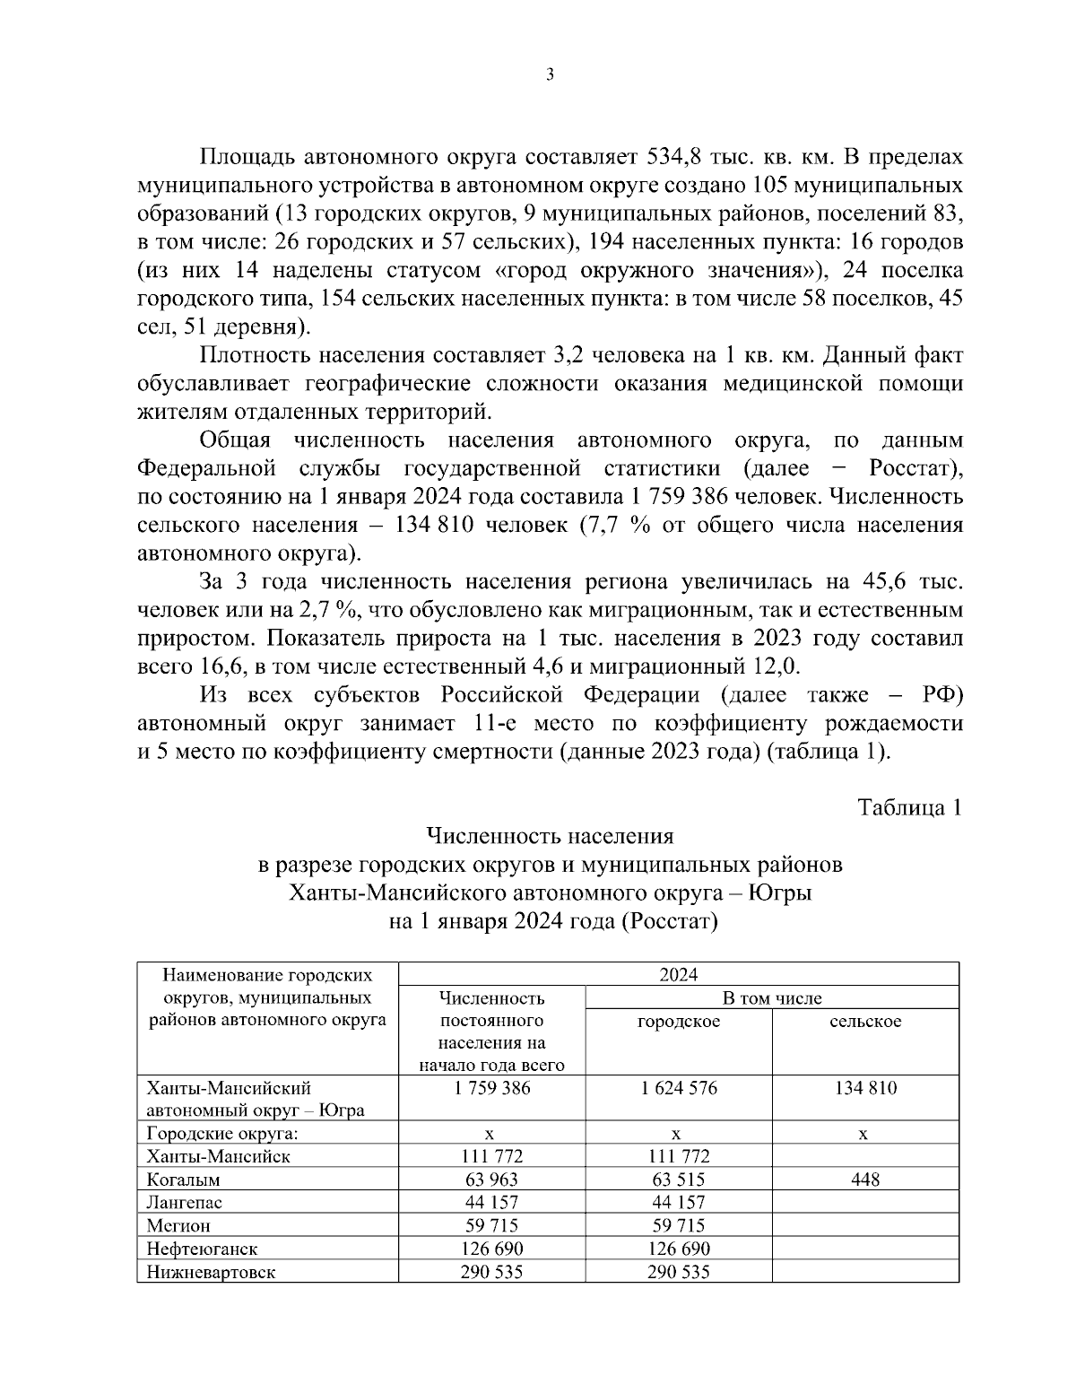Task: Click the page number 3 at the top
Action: (549, 75)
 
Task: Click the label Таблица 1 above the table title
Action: (909, 807)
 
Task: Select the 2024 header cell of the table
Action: (678, 975)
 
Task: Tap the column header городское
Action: (678, 1021)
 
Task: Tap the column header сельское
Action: (865, 1021)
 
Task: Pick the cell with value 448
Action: (865, 1180)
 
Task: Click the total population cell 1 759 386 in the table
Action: (491, 1088)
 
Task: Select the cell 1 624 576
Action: (678, 1088)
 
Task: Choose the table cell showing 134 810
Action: (865, 1088)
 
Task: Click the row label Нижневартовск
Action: (211, 1272)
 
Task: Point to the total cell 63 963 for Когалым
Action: (491, 1180)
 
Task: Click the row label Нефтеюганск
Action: (202, 1249)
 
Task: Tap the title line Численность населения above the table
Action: (549, 836)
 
